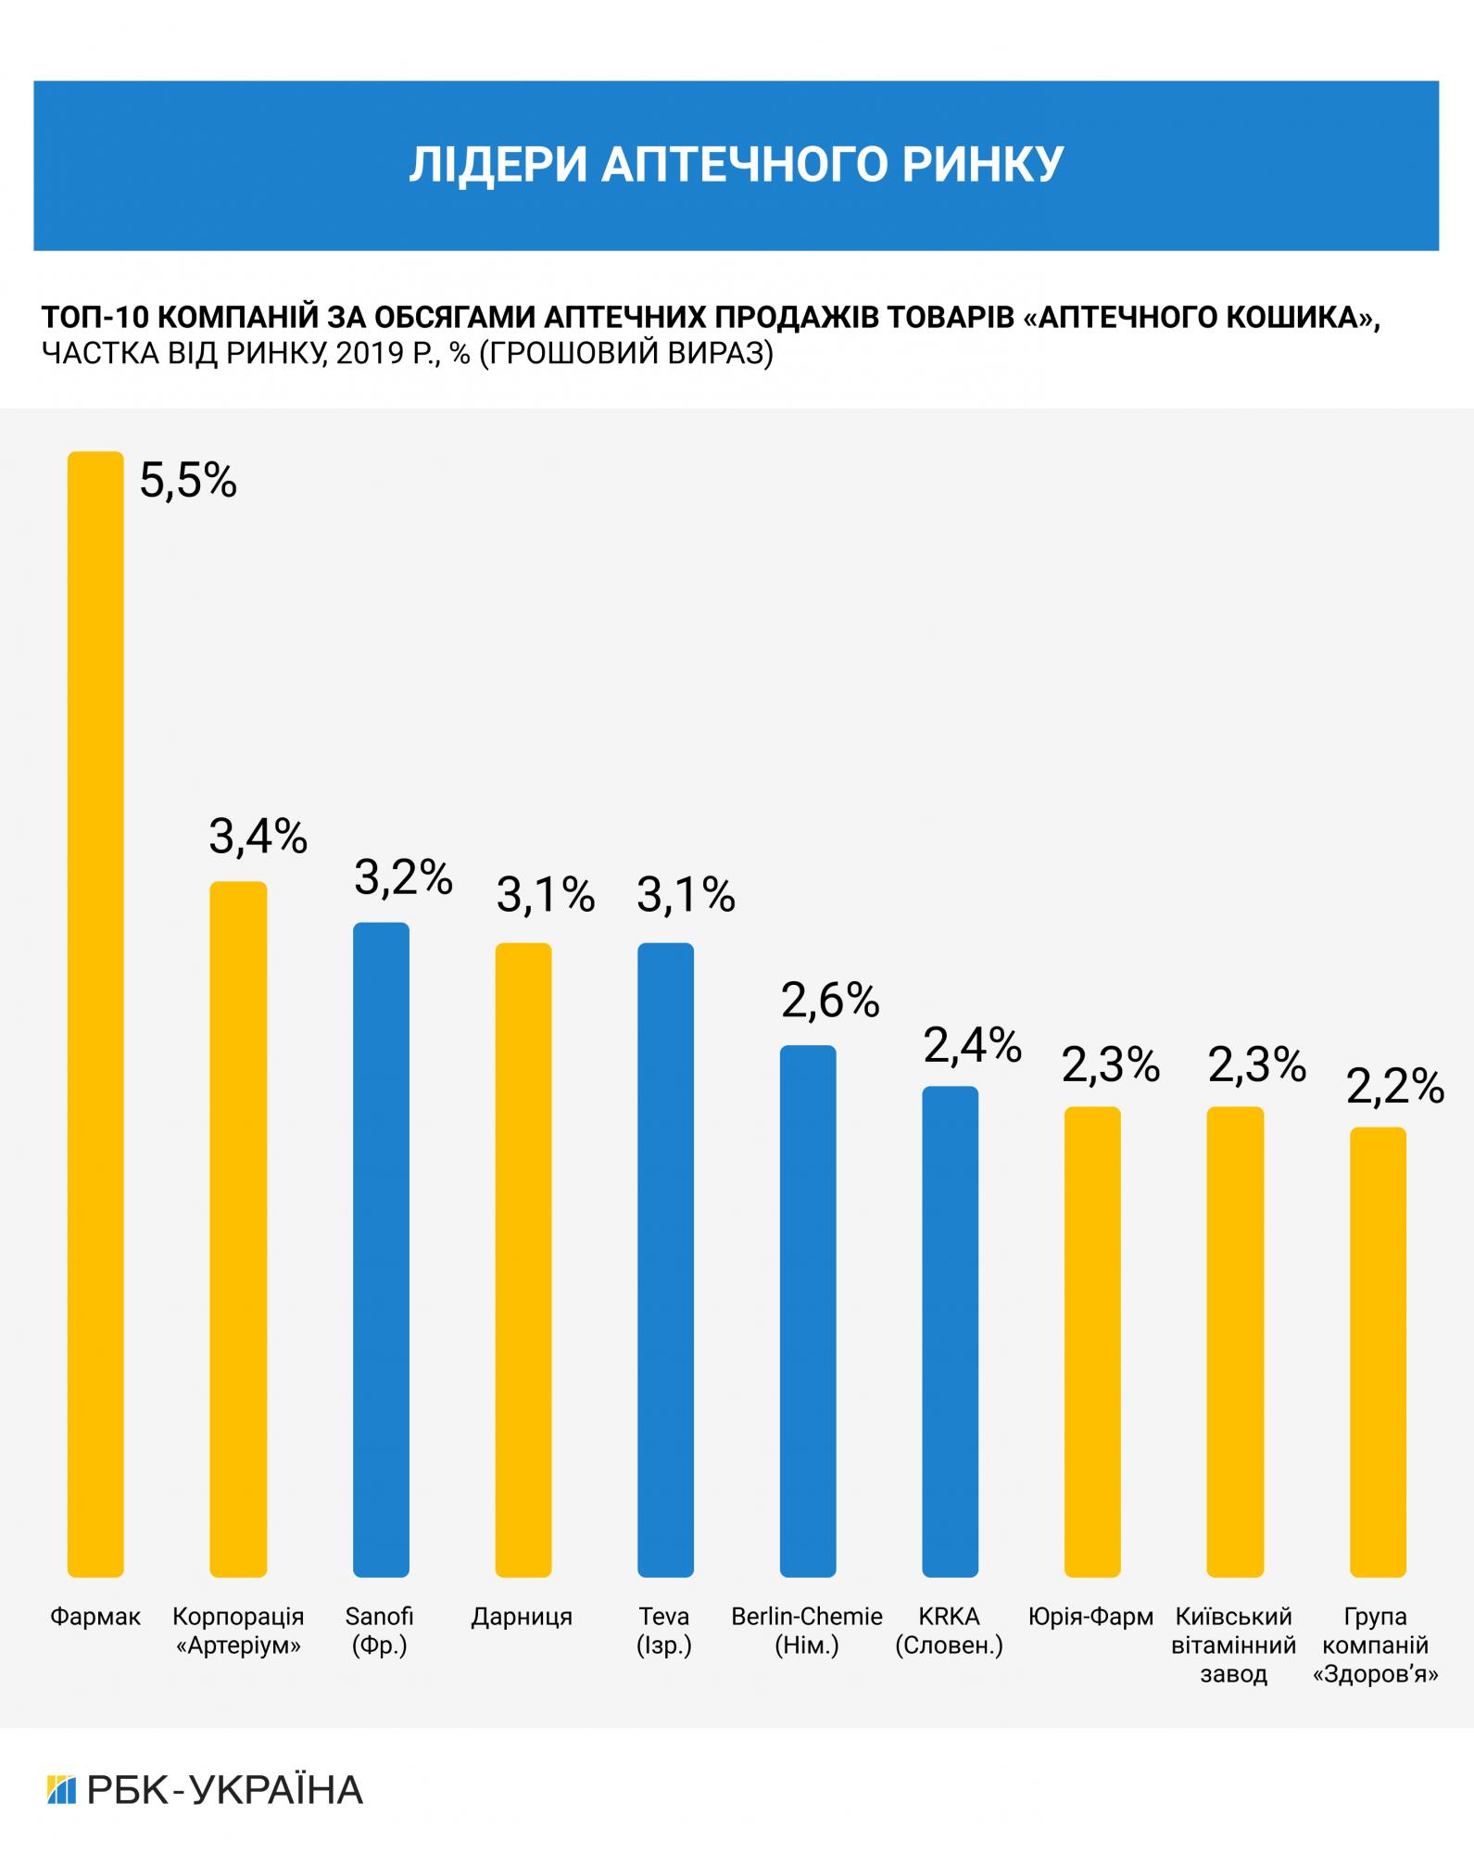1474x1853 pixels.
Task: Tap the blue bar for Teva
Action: pyautogui.click(x=665, y=1259)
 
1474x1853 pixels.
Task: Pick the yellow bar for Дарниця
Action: pyautogui.click(x=523, y=1259)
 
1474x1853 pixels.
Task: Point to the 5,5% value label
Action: pyautogui.click(x=188, y=481)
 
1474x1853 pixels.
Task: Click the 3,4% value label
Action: pyautogui.click(x=258, y=837)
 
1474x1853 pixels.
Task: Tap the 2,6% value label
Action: pyautogui.click(x=830, y=1001)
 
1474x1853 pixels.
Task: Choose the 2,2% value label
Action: pyautogui.click(x=1395, y=1086)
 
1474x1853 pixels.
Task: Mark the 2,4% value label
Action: pyautogui.click(x=972, y=1045)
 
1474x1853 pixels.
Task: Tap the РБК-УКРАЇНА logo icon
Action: pyautogui.click(x=60, y=1789)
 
